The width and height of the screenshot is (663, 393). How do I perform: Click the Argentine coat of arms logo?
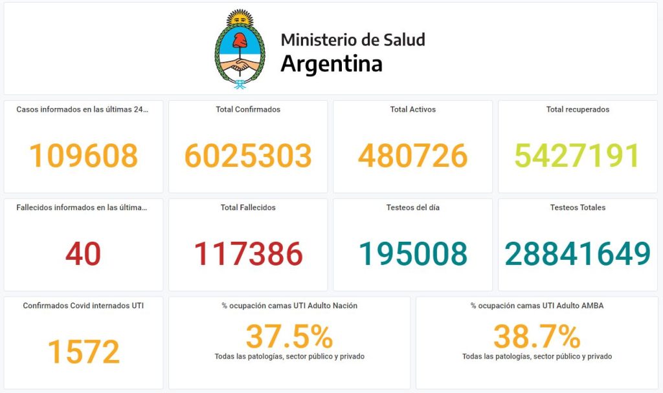click(240, 48)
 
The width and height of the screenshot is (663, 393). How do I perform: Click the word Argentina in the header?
click(331, 63)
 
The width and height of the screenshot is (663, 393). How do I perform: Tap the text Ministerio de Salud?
click(353, 39)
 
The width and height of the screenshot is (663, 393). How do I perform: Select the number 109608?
click(84, 156)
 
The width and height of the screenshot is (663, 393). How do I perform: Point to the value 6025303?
click(248, 156)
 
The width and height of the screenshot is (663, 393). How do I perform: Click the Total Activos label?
click(412, 109)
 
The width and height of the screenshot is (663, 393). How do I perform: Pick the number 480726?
click(412, 156)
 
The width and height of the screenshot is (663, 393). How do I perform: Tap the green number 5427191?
click(577, 156)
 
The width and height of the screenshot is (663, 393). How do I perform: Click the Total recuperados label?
click(578, 109)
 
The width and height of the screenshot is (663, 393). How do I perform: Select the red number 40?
click(83, 254)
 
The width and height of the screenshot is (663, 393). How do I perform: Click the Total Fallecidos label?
click(248, 207)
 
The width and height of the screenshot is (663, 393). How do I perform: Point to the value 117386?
click(248, 254)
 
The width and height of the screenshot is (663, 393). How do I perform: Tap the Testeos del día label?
click(412, 207)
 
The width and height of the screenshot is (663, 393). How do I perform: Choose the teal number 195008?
click(412, 254)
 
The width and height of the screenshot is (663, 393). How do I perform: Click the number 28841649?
click(578, 254)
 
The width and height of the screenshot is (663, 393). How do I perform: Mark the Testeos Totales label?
click(578, 207)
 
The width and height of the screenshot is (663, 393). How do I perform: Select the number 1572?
click(84, 352)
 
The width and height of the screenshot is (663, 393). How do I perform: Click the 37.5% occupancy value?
click(289, 336)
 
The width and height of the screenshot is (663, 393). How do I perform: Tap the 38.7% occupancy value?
click(537, 336)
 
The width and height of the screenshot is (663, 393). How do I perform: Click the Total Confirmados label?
click(248, 109)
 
